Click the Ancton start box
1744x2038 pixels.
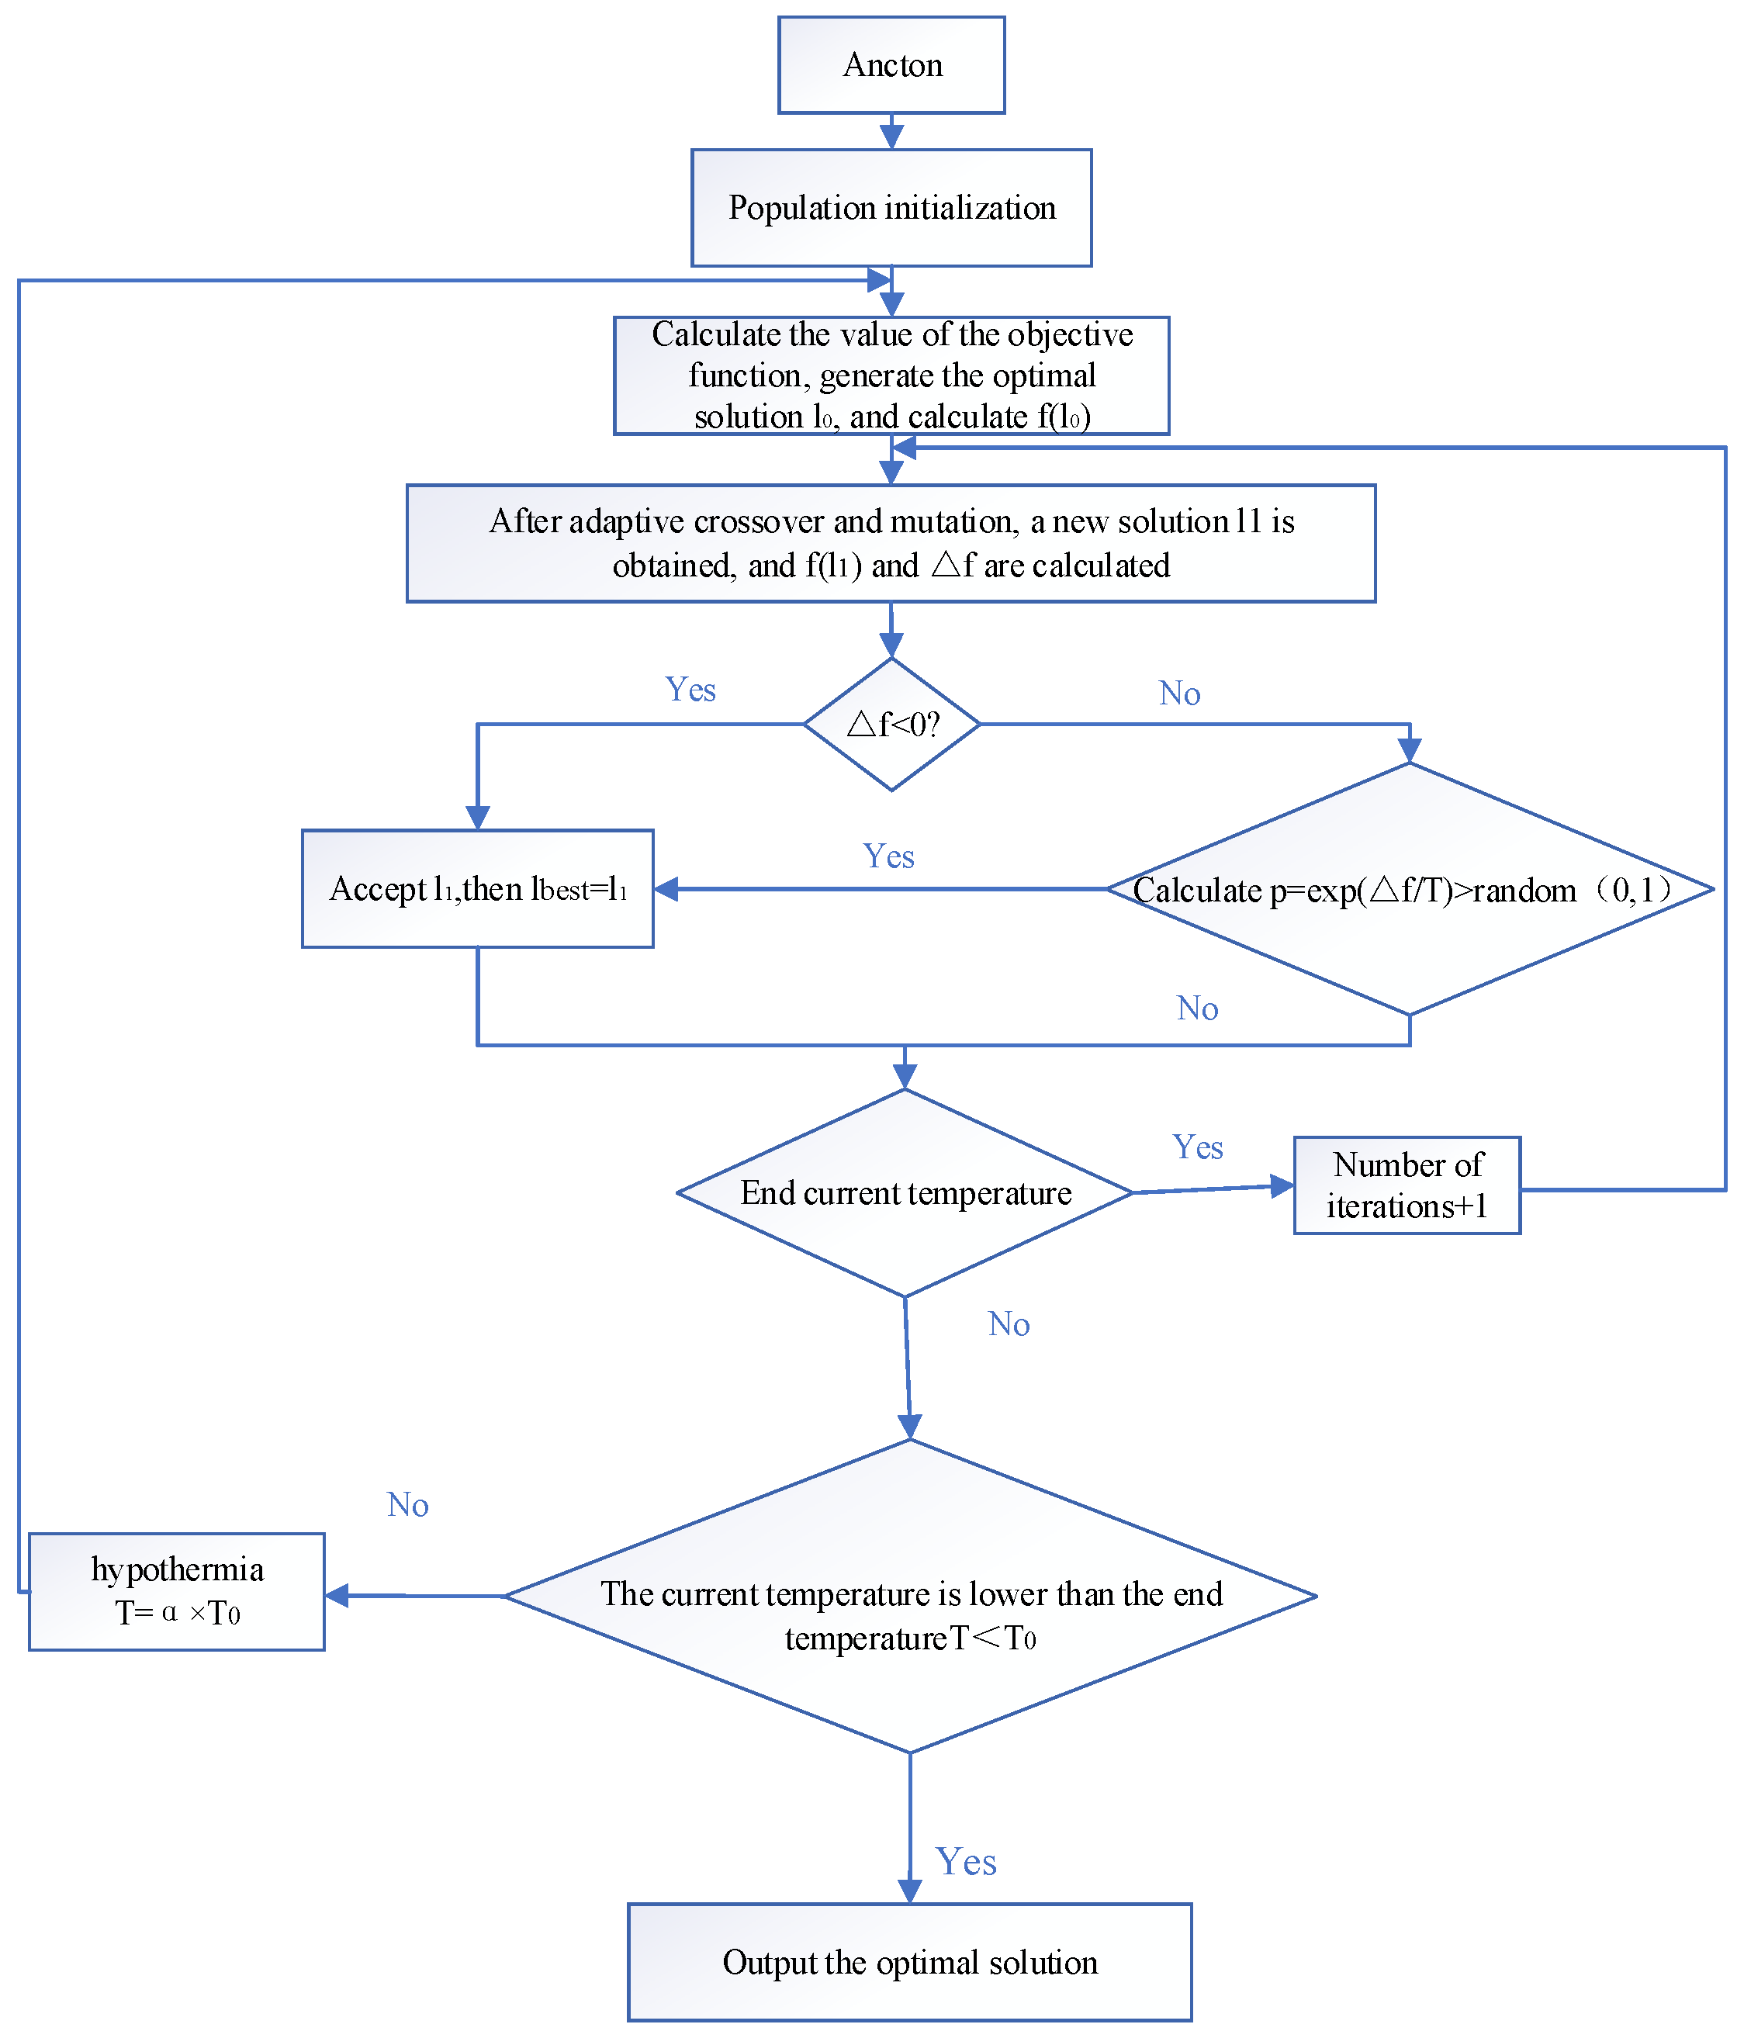click(x=891, y=65)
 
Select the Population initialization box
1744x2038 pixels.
click(x=891, y=208)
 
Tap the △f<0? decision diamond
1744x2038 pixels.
click(x=891, y=724)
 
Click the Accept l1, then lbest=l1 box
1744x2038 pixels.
click(x=477, y=888)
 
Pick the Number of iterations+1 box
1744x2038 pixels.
click(x=1407, y=1185)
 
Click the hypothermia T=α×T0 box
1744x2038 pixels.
click(x=177, y=1590)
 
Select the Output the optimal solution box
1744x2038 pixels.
click(x=909, y=1962)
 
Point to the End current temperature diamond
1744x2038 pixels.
click(x=905, y=1192)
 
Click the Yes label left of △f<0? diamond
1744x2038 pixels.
click(x=690, y=690)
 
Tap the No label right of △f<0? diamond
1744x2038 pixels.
click(x=1178, y=694)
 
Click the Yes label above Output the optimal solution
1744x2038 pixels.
click(x=965, y=1862)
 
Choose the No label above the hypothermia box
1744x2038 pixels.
click(x=407, y=1505)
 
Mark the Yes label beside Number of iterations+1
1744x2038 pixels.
click(x=1197, y=1147)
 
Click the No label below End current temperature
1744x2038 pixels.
click(x=1009, y=1324)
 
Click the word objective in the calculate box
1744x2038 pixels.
click(x=1071, y=334)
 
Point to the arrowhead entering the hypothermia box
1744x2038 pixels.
click(x=337, y=1595)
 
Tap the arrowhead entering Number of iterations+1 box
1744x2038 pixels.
click(x=1281, y=1186)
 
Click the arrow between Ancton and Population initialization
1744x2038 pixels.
click(x=891, y=132)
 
